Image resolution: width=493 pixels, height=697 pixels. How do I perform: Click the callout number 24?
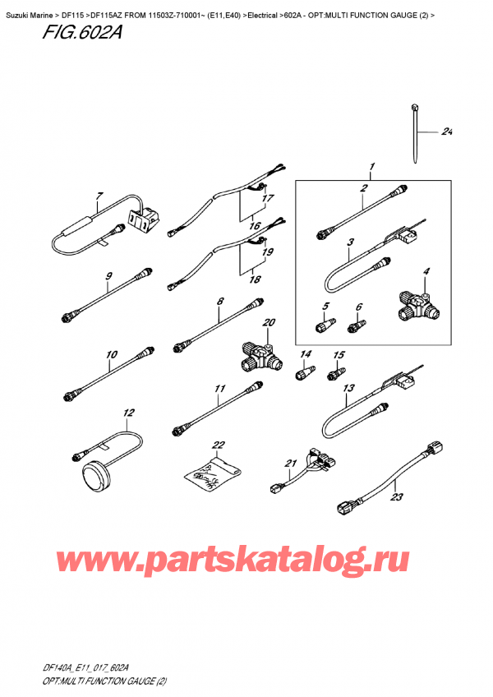[447, 132]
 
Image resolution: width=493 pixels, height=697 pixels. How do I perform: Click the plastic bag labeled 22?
[213, 475]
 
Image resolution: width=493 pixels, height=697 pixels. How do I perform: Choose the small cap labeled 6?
[355, 327]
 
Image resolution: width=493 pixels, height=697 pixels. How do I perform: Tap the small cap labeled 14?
[302, 372]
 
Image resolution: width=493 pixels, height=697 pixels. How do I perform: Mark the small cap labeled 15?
[335, 374]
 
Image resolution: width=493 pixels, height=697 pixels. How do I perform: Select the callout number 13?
[348, 389]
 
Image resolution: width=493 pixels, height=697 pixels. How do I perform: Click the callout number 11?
[218, 389]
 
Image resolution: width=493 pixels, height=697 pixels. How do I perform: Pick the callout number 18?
[256, 279]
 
